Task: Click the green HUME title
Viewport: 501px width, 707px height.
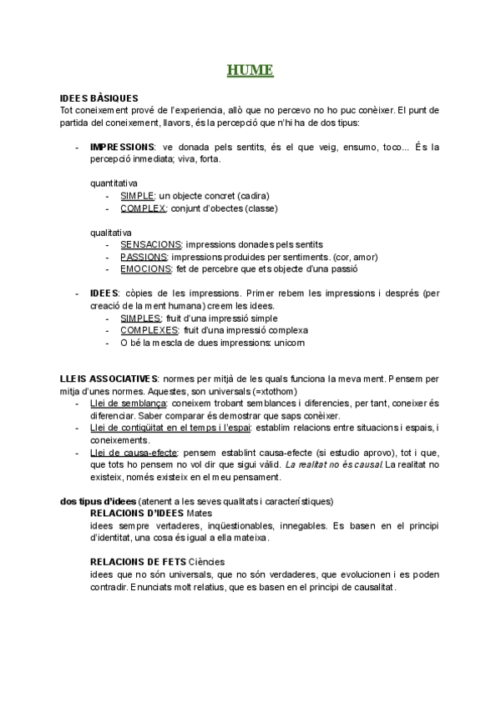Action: pyautogui.click(x=250, y=70)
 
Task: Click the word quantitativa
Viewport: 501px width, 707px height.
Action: pyautogui.click(x=114, y=183)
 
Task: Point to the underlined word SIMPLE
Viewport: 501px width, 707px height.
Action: pyautogui.click(x=138, y=195)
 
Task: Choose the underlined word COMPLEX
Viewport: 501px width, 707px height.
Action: pyautogui.click(x=144, y=208)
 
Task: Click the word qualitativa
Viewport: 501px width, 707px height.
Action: pyautogui.click(x=110, y=233)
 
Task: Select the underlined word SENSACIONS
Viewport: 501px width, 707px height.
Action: pyautogui.click(x=150, y=245)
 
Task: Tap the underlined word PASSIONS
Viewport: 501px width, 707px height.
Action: pyautogui.click(x=144, y=257)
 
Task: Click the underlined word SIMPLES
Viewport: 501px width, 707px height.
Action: pyautogui.click(x=140, y=318)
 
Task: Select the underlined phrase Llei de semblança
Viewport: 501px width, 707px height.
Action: pyautogui.click(x=127, y=404)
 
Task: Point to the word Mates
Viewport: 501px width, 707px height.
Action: pyautogui.click(x=200, y=514)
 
